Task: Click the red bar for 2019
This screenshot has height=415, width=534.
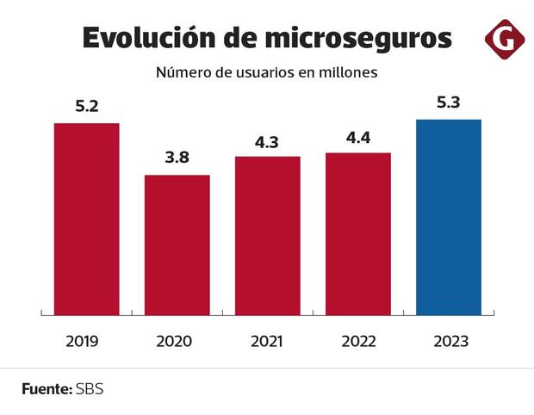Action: [86, 219]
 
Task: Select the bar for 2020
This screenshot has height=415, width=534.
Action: [177, 245]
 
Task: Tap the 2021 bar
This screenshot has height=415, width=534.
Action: [267, 235]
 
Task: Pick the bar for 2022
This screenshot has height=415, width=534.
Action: [357, 233]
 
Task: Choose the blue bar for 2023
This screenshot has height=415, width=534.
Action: [448, 217]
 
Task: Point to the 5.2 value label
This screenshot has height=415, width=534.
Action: [86, 108]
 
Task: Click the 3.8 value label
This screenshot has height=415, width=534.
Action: [177, 158]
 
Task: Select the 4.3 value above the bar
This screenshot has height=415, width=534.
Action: [267, 140]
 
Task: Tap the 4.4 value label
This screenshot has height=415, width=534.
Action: [357, 137]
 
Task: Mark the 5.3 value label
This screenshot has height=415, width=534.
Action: [448, 103]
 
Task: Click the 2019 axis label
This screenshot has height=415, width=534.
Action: [83, 341]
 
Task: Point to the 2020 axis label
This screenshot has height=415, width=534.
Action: [174, 341]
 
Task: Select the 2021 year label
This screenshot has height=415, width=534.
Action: [266, 341]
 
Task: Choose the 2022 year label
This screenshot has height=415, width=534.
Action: [357, 341]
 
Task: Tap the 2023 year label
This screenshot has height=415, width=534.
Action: [449, 341]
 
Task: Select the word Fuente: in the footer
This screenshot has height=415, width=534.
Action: [47, 388]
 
